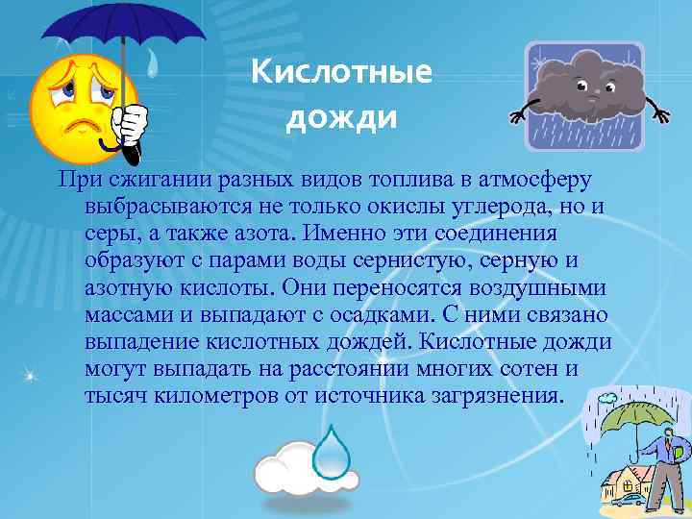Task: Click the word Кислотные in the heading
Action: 341,74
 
